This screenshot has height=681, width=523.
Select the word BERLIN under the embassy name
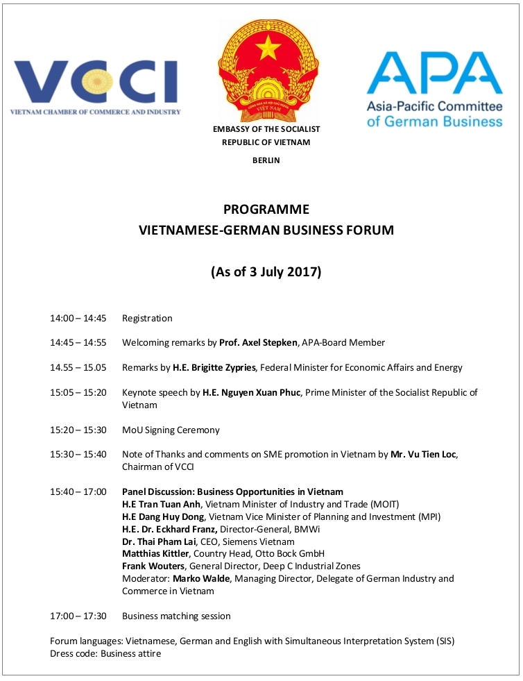(x=266, y=160)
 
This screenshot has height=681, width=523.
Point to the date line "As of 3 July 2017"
(x=266, y=271)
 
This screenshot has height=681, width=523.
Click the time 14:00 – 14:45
(x=78, y=319)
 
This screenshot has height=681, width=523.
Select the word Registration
(x=147, y=319)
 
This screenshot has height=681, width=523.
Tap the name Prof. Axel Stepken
(x=258, y=343)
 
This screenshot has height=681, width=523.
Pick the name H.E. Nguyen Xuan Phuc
(x=251, y=392)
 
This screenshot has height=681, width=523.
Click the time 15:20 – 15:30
(x=78, y=430)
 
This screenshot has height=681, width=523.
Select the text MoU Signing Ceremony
(x=171, y=430)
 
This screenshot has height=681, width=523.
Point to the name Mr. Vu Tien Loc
(x=414, y=455)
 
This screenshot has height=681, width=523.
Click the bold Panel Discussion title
(x=232, y=491)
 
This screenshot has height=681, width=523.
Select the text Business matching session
(x=176, y=616)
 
